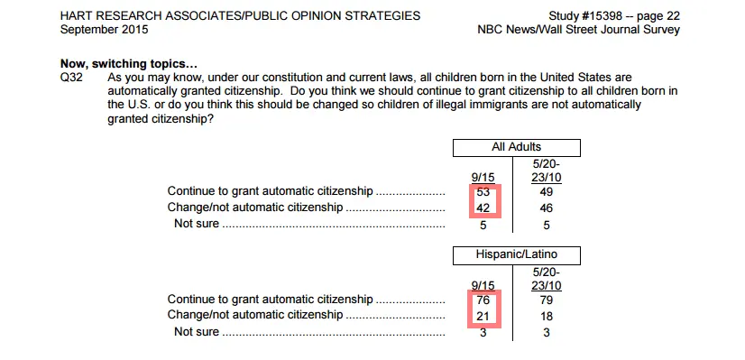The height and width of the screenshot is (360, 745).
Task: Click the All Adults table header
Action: click(x=516, y=147)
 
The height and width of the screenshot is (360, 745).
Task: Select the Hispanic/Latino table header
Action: click(x=516, y=255)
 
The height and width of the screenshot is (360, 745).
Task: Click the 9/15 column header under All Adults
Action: click(x=483, y=177)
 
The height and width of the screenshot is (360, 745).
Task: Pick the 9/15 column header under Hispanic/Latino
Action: click(x=483, y=285)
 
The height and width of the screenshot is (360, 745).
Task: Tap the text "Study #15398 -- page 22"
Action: click(x=613, y=16)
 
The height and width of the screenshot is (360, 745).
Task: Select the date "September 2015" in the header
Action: click(x=105, y=30)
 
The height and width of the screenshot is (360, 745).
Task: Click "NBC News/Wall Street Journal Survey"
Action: click(x=578, y=30)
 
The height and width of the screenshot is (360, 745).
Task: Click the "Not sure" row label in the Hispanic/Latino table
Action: click(x=196, y=332)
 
